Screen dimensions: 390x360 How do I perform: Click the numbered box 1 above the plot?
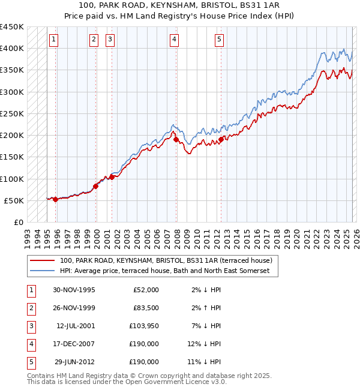54,40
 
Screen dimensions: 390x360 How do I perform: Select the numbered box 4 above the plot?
174,40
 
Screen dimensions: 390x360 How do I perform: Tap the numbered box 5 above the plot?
219,40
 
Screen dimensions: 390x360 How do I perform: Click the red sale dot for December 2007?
176,140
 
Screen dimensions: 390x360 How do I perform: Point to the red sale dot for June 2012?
221,140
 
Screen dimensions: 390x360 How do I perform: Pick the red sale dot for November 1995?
56,199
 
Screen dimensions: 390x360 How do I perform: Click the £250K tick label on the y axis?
11,113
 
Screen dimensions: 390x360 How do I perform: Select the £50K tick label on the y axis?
14,200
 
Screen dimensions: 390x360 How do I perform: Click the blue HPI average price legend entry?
165,271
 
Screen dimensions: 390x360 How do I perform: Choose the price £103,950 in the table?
144,326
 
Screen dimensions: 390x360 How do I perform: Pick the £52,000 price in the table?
146,290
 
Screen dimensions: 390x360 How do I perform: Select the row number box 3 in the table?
30,326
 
